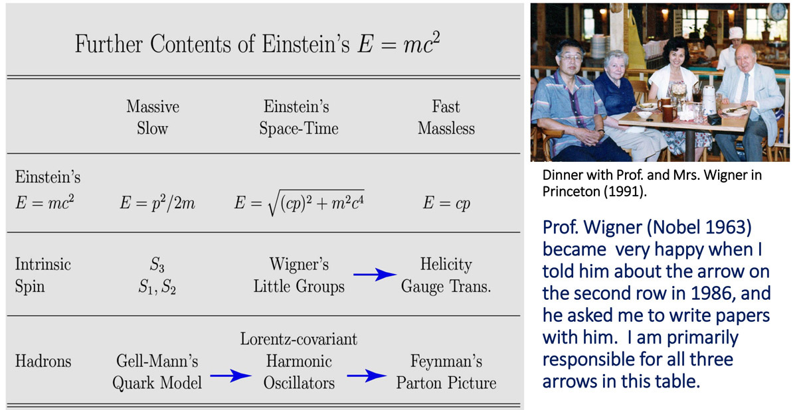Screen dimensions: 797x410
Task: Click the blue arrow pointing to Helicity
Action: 375,274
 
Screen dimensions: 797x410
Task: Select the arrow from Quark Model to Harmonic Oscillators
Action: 230,376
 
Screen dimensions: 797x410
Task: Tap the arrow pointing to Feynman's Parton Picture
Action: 367,376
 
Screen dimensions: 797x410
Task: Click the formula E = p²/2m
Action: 157,203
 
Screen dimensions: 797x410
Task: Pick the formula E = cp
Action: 446,203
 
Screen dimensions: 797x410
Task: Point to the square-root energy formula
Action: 300,202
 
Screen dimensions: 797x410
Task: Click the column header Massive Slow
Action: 153,117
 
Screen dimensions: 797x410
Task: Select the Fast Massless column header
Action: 446,117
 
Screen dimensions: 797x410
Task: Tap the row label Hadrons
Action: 43,361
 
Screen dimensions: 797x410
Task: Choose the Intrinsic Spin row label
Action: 43,275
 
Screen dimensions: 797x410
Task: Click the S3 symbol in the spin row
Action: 157,265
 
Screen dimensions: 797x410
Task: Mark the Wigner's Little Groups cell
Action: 299,275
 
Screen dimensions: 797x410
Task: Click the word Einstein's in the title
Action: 306,44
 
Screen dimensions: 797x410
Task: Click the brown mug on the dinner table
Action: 669,113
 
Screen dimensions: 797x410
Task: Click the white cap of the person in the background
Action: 736,33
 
